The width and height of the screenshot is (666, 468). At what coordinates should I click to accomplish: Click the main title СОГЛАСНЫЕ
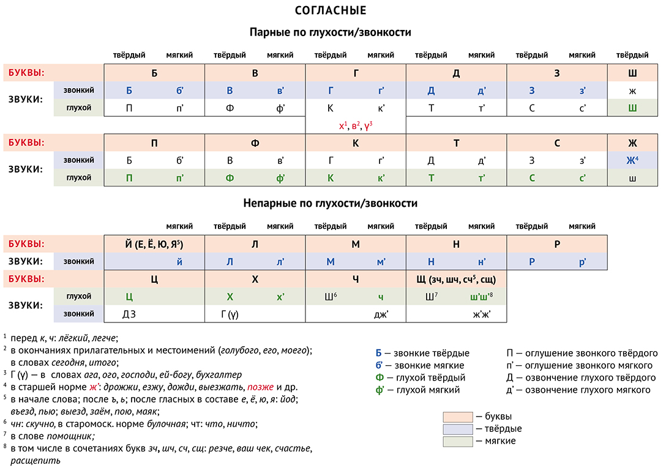pyautogui.click(x=331, y=10)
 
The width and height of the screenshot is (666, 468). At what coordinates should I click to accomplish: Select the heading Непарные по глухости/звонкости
pyautogui.click(x=331, y=204)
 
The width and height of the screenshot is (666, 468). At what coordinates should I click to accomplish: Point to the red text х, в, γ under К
pyautogui.click(x=356, y=125)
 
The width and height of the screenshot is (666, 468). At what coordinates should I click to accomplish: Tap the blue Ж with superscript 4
pyautogui.click(x=632, y=160)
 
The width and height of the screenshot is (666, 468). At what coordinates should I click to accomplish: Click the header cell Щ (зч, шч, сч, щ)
pyautogui.click(x=456, y=280)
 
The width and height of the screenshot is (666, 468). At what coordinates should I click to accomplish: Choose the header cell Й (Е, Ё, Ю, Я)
pyautogui.click(x=154, y=244)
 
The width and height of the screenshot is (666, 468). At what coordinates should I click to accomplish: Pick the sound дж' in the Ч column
pyautogui.click(x=381, y=314)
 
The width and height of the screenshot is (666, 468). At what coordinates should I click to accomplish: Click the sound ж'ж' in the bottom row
pyautogui.click(x=482, y=314)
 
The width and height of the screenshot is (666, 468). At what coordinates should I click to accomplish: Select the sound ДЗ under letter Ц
pyautogui.click(x=129, y=314)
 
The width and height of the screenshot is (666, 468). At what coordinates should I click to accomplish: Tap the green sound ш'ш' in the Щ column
pyautogui.click(x=482, y=297)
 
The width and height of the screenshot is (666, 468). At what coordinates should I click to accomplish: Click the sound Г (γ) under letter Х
pyautogui.click(x=230, y=314)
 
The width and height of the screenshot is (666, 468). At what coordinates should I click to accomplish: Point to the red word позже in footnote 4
pyautogui.click(x=260, y=387)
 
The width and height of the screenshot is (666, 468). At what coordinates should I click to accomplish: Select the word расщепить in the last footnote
pyautogui.click(x=36, y=461)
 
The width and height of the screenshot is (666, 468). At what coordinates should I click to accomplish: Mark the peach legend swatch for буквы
pyautogui.click(x=457, y=417)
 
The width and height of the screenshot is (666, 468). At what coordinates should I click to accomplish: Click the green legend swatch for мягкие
pyautogui.click(x=457, y=441)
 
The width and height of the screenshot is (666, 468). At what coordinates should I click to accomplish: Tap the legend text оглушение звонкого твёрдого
pyautogui.click(x=591, y=354)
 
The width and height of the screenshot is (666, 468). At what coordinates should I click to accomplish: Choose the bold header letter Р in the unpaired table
pyautogui.click(x=557, y=244)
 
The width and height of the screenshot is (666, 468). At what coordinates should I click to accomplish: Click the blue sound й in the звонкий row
pyautogui.click(x=180, y=262)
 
